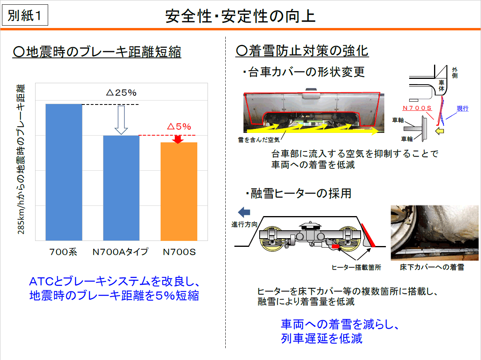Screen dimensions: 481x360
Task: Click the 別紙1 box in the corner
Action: pyautogui.click(x=25, y=15)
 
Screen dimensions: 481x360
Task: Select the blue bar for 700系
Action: pyautogui.click(x=64, y=172)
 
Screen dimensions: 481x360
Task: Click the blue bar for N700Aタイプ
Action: pyautogui.click(x=121, y=188)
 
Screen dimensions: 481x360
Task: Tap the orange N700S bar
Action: pyautogui.click(x=179, y=191)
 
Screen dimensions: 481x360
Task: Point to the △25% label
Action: pyautogui.click(x=121, y=93)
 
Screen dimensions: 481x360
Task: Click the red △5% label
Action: pyautogui.click(x=179, y=126)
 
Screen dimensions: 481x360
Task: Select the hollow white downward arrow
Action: pyautogui.click(x=121, y=120)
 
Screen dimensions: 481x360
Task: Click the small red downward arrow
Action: pyautogui.click(x=178, y=140)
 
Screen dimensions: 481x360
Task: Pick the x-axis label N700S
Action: pyautogui.click(x=179, y=252)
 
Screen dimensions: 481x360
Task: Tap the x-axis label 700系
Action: pyautogui.click(x=63, y=252)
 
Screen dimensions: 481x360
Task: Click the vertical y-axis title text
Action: pyautogui.click(x=21, y=159)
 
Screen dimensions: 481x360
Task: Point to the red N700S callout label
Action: pyautogui.click(x=417, y=108)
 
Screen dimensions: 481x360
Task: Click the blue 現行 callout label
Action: pyautogui.click(x=462, y=108)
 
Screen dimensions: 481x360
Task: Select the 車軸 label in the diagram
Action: pyautogui.click(x=398, y=120)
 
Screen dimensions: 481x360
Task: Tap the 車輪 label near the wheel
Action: pyautogui.click(x=407, y=139)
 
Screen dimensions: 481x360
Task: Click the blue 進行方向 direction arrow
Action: pyautogui.click(x=244, y=212)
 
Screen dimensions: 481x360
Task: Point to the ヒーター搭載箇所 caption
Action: pyautogui.click(x=356, y=267)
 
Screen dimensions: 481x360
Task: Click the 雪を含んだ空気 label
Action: pyautogui.click(x=259, y=140)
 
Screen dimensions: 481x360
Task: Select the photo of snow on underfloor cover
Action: pyautogui.click(x=434, y=233)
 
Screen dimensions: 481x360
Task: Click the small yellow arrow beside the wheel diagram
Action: pyautogui.click(x=440, y=131)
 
